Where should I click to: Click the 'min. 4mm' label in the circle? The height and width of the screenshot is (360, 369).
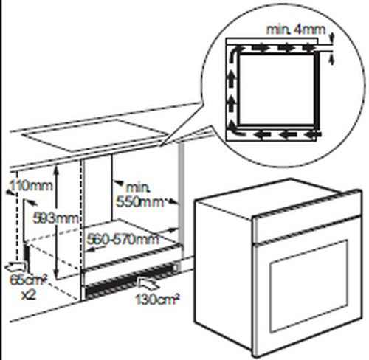coord(296,30)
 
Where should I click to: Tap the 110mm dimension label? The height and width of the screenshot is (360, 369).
coord(31,186)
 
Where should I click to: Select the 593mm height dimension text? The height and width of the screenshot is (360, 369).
coord(56,218)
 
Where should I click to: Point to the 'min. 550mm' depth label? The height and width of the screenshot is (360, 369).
coord(139,195)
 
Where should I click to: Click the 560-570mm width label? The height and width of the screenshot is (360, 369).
coord(123,239)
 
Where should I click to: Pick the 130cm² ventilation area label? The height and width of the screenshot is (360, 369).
coord(157,299)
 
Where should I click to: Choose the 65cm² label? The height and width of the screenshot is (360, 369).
coord(28,280)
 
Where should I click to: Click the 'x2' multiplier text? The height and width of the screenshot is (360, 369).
coord(28,295)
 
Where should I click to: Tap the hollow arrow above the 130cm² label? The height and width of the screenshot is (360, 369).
coord(148,283)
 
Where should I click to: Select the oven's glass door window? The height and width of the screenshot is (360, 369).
coord(309,285)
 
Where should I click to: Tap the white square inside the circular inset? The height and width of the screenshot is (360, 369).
coord(277,89)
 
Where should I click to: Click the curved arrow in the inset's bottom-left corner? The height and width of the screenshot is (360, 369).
coord(233,131)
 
